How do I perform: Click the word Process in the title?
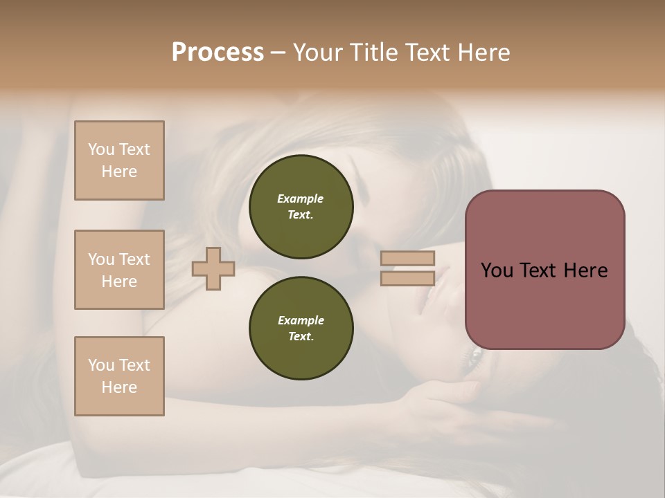click(x=218, y=53)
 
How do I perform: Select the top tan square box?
click(x=119, y=160)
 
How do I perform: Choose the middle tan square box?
click(x=119, y=270)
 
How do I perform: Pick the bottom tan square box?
click(x=119, y=376)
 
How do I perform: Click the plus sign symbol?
click(x=213, y=268)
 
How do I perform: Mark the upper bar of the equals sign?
click(x=407, y=258)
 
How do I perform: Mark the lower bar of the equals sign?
click(x=407, y=278)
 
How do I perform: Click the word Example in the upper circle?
click(x=300, y=199)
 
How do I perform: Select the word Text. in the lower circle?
click(x=301, y=336)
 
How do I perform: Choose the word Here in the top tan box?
click(x=119, y=172)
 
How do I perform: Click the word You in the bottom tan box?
click(x=100, y=365)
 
